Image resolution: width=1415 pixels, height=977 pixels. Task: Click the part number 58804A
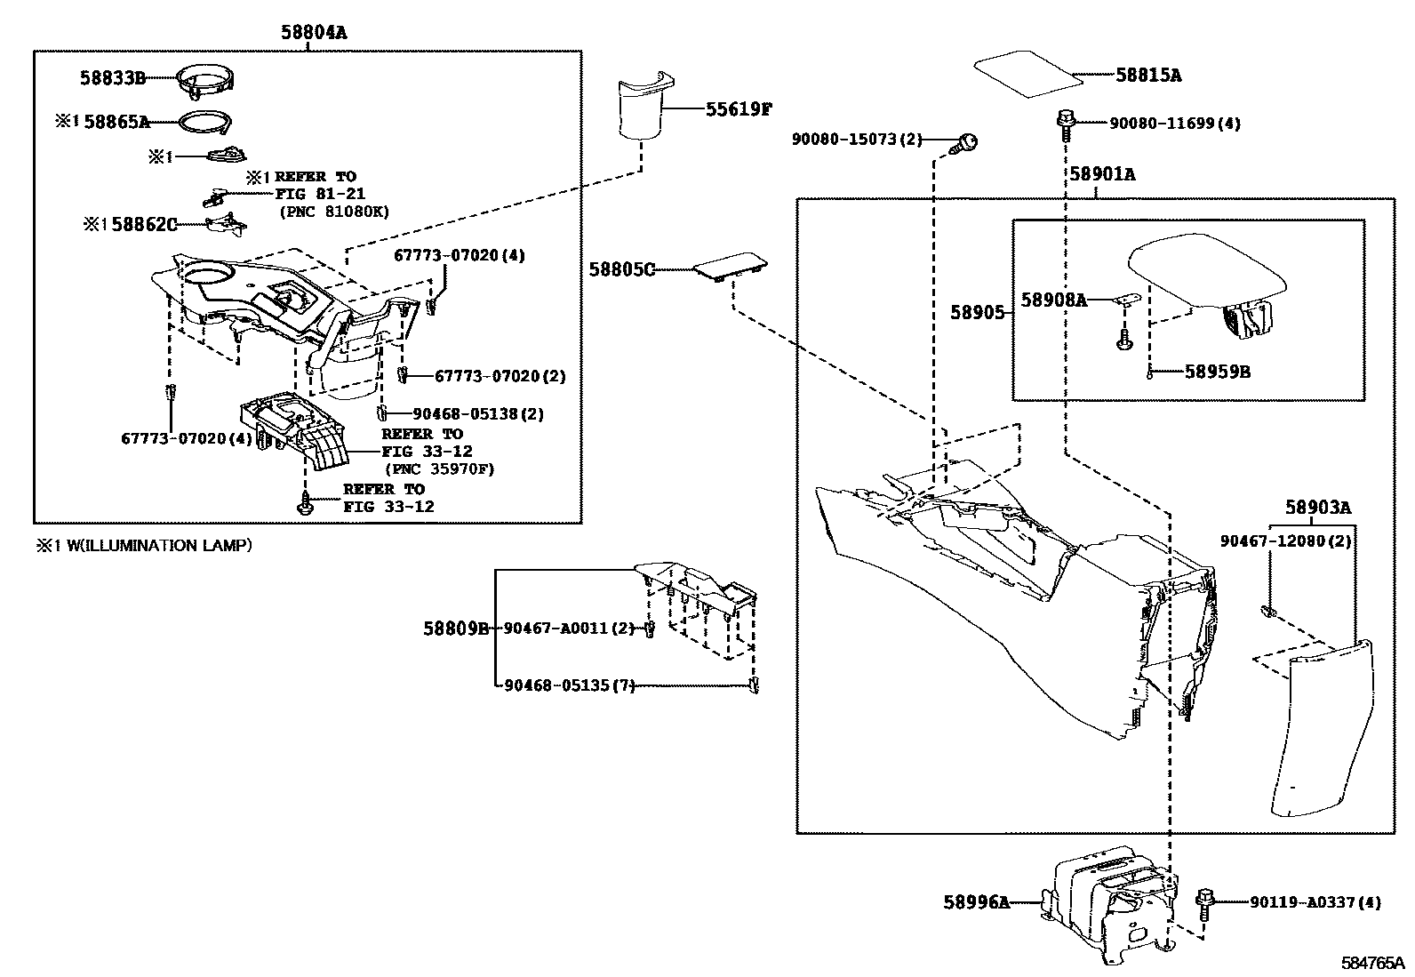click(314, 33)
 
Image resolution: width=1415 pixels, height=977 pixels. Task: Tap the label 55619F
click(739, 109)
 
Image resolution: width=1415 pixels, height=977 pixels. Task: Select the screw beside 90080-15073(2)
click(966, 142)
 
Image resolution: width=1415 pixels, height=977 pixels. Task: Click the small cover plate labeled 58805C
click(730, 266)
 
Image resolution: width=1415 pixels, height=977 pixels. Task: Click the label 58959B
click(1217, 372)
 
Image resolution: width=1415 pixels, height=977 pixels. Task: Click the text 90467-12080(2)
click(1285, 541)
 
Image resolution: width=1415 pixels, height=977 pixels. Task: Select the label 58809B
click(455, 629)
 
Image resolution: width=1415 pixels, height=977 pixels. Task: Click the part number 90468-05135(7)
click(569, 685)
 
